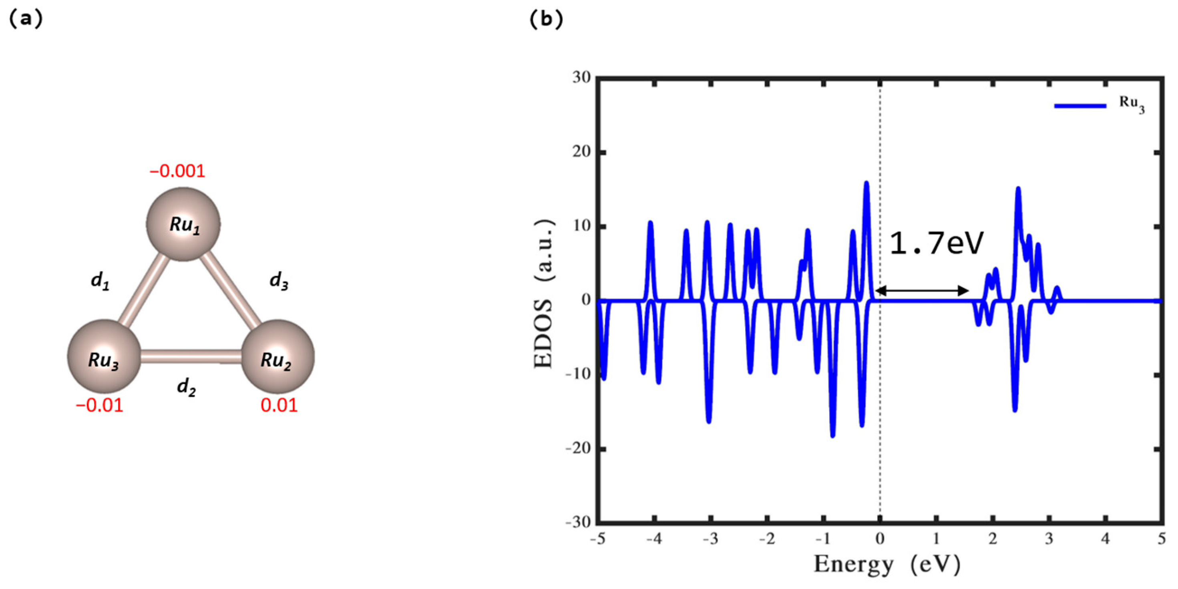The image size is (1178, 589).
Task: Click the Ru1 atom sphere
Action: click(183, 224)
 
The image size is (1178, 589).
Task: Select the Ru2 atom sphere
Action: click(277, 357)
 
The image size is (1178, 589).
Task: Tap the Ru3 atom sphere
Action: click(104, 357)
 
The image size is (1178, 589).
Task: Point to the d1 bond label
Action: click(100, 280)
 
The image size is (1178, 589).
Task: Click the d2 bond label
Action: click(187, 387)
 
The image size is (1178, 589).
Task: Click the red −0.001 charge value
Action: click(177, 171)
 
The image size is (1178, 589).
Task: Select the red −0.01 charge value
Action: click(100, 405)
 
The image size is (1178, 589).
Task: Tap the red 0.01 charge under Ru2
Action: click(279, 405)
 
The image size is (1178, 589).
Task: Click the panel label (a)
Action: click(26, 19)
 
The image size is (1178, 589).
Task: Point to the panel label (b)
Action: click(546, 19)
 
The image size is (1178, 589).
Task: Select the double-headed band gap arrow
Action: click(922, 290)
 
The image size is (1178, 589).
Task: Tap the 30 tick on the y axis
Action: click(582, 78)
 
